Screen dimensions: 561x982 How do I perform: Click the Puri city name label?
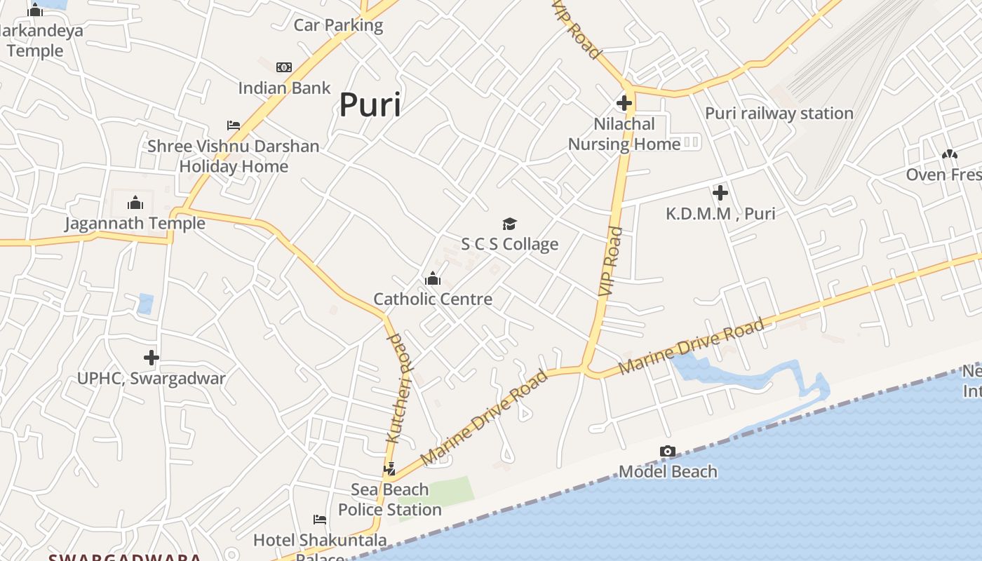370,105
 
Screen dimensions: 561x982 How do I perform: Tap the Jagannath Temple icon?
135,203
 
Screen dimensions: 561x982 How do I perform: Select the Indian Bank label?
284,88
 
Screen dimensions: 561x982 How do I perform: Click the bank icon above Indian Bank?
284,67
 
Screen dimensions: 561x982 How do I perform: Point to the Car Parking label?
338,26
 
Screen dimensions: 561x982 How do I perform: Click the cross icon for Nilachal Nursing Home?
624,104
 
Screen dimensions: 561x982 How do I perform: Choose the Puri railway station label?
779,114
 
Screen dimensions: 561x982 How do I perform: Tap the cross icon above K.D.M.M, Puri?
720,193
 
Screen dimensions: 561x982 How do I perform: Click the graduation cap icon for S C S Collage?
509,224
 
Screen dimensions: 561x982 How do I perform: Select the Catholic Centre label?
433,299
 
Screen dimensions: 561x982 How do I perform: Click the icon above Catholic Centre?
433,279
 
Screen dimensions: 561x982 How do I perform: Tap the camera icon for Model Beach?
668,452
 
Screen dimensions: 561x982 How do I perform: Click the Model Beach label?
668,472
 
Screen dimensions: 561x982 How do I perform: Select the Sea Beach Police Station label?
390,499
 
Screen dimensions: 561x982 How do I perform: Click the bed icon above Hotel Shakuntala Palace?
320,520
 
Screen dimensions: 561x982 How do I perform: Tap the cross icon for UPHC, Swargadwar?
152,358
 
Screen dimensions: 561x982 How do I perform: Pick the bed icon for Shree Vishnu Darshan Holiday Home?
234,126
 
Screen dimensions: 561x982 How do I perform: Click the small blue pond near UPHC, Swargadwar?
145,304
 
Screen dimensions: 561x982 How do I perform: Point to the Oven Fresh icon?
950,154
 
